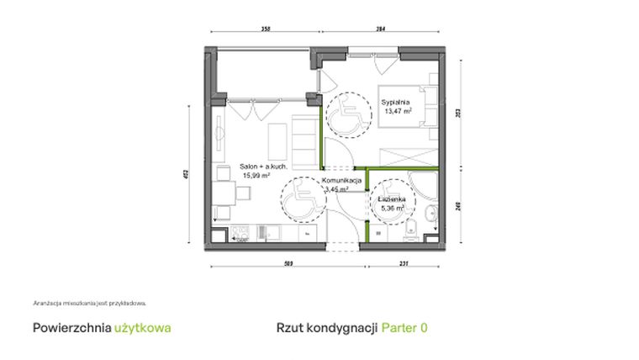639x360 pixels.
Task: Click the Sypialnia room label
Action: tap(395, 102)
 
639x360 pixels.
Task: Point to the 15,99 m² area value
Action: tap(256, 176)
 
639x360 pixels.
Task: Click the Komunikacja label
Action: tap(341, 181)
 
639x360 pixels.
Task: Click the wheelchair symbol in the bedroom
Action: tap(345, 116)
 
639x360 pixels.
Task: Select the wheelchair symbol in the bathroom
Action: tap(389, 204)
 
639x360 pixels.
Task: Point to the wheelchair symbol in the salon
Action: tap(298, 204)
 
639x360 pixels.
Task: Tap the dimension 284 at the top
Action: tap(380, 29)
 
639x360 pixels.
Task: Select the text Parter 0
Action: tap(404, 327)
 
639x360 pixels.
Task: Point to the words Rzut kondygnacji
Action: tap(326, 327)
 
